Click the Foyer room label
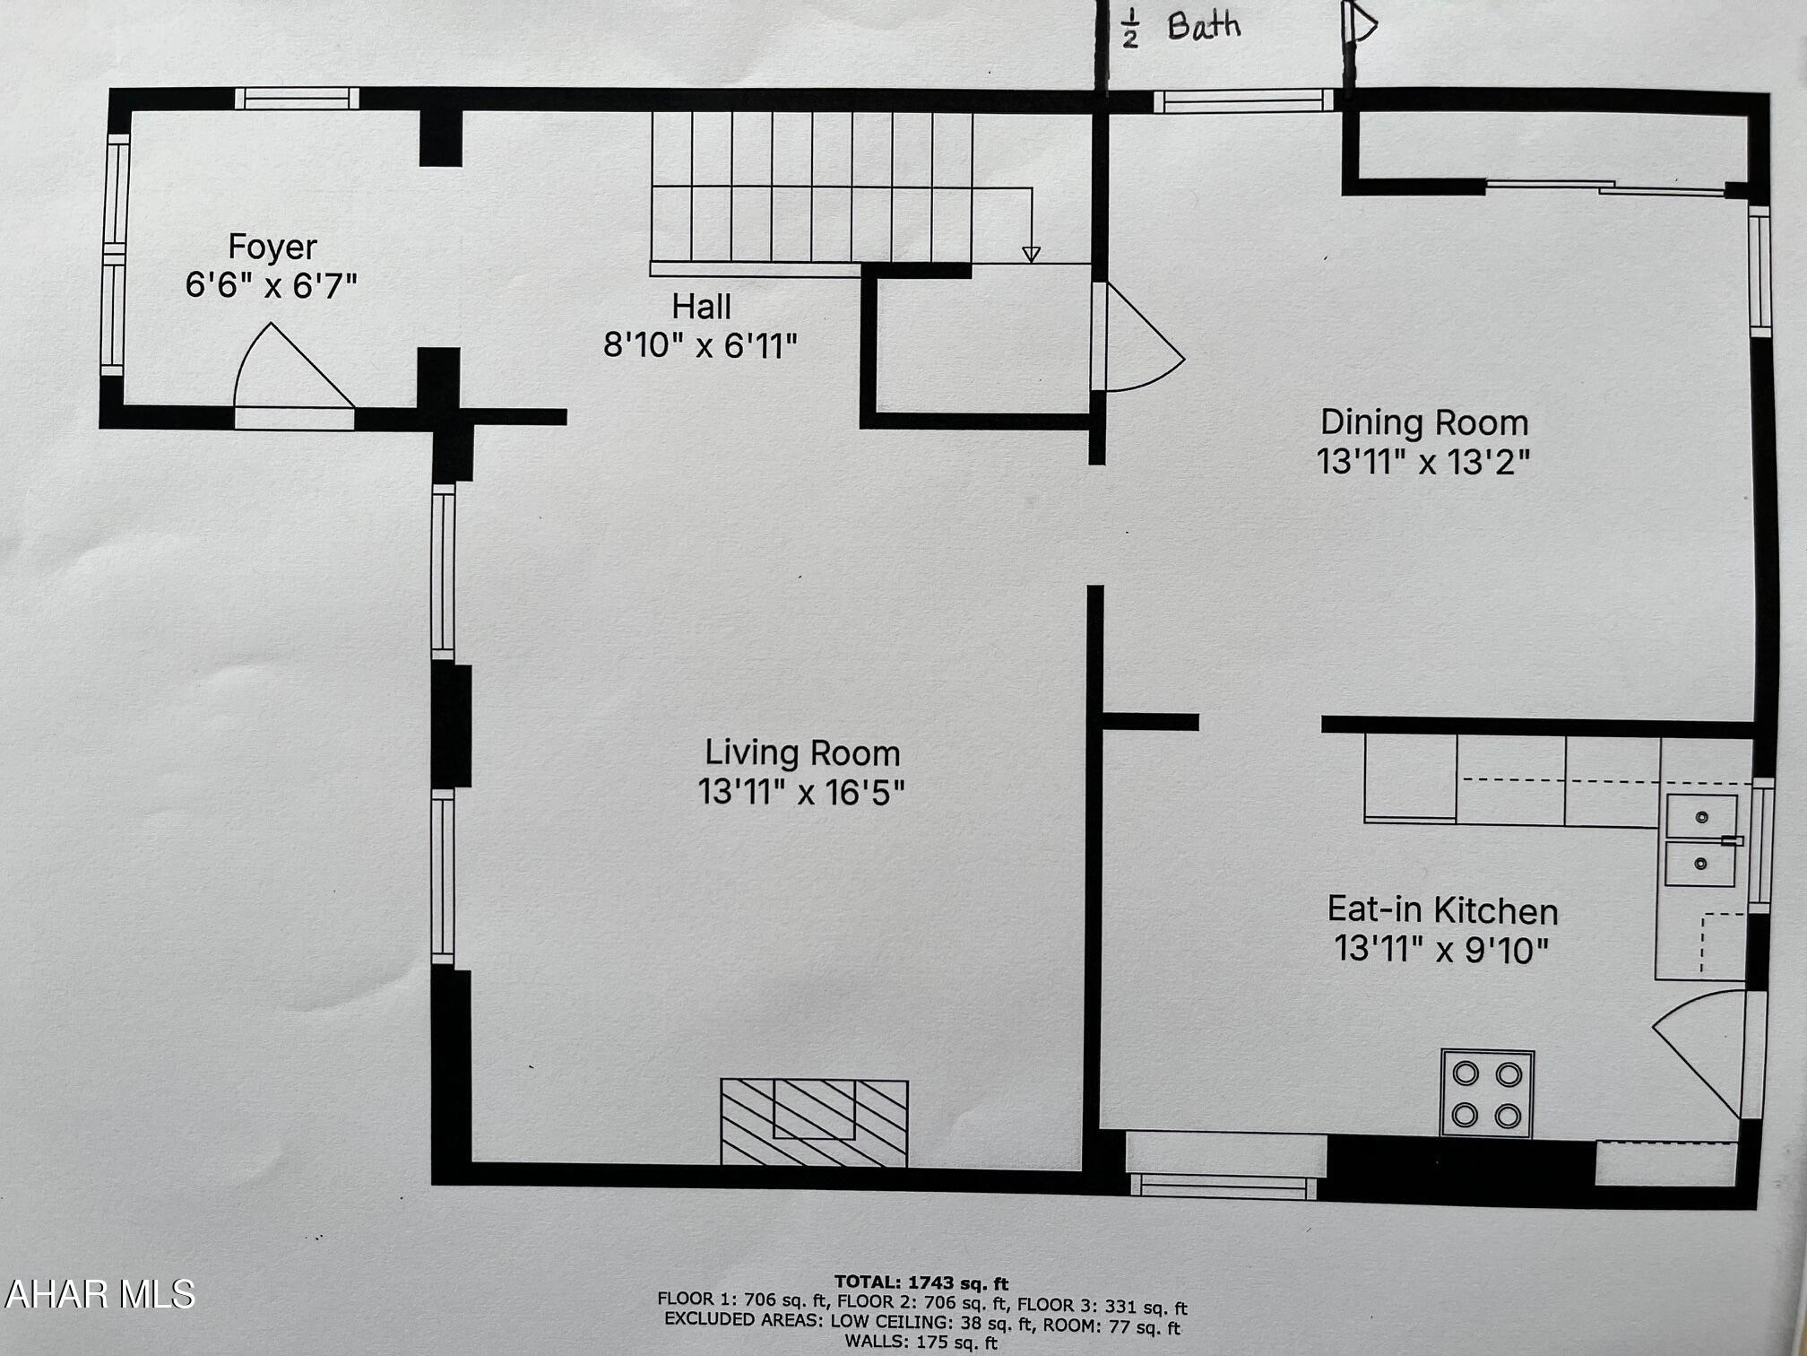[x=272, y=247]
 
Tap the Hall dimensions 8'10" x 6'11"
[x=700, y=345]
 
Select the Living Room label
[x=801, y=753]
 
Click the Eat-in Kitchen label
[x=1442, y=910]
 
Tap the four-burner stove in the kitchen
[x=1486, y=1094]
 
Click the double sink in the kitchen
[x=1700, y=840]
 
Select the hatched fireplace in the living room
[x=814, y=1122]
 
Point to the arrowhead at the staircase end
[x=1031, y=255]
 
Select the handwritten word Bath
[x=1204, y=26]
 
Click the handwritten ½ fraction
[x=1130, y=28]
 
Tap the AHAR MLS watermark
[x=99, y=1294]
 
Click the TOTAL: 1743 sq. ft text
[x=921, y=1282]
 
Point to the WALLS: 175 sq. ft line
[x=921, y=1343]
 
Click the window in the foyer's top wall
[x=297, y=99]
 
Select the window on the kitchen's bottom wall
[x=1223, y=1186]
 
